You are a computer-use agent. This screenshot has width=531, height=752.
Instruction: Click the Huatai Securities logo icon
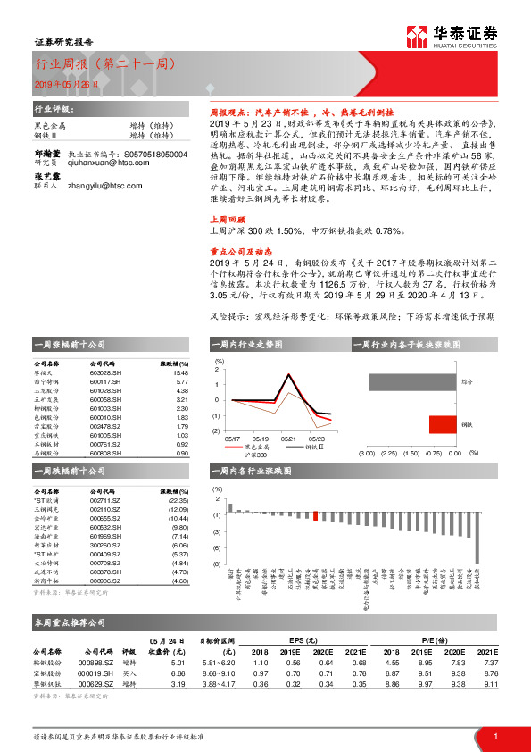point(417,37)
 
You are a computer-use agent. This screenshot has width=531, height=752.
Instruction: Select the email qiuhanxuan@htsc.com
point(104,138)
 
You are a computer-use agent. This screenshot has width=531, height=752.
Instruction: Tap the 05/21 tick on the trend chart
point(288,438)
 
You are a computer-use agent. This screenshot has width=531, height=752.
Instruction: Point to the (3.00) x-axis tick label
point(367,453)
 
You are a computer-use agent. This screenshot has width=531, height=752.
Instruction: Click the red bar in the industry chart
point(315,514)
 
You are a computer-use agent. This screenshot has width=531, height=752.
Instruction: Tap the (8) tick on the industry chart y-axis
point(216,564)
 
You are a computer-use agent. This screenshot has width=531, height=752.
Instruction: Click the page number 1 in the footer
point(494,735)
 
